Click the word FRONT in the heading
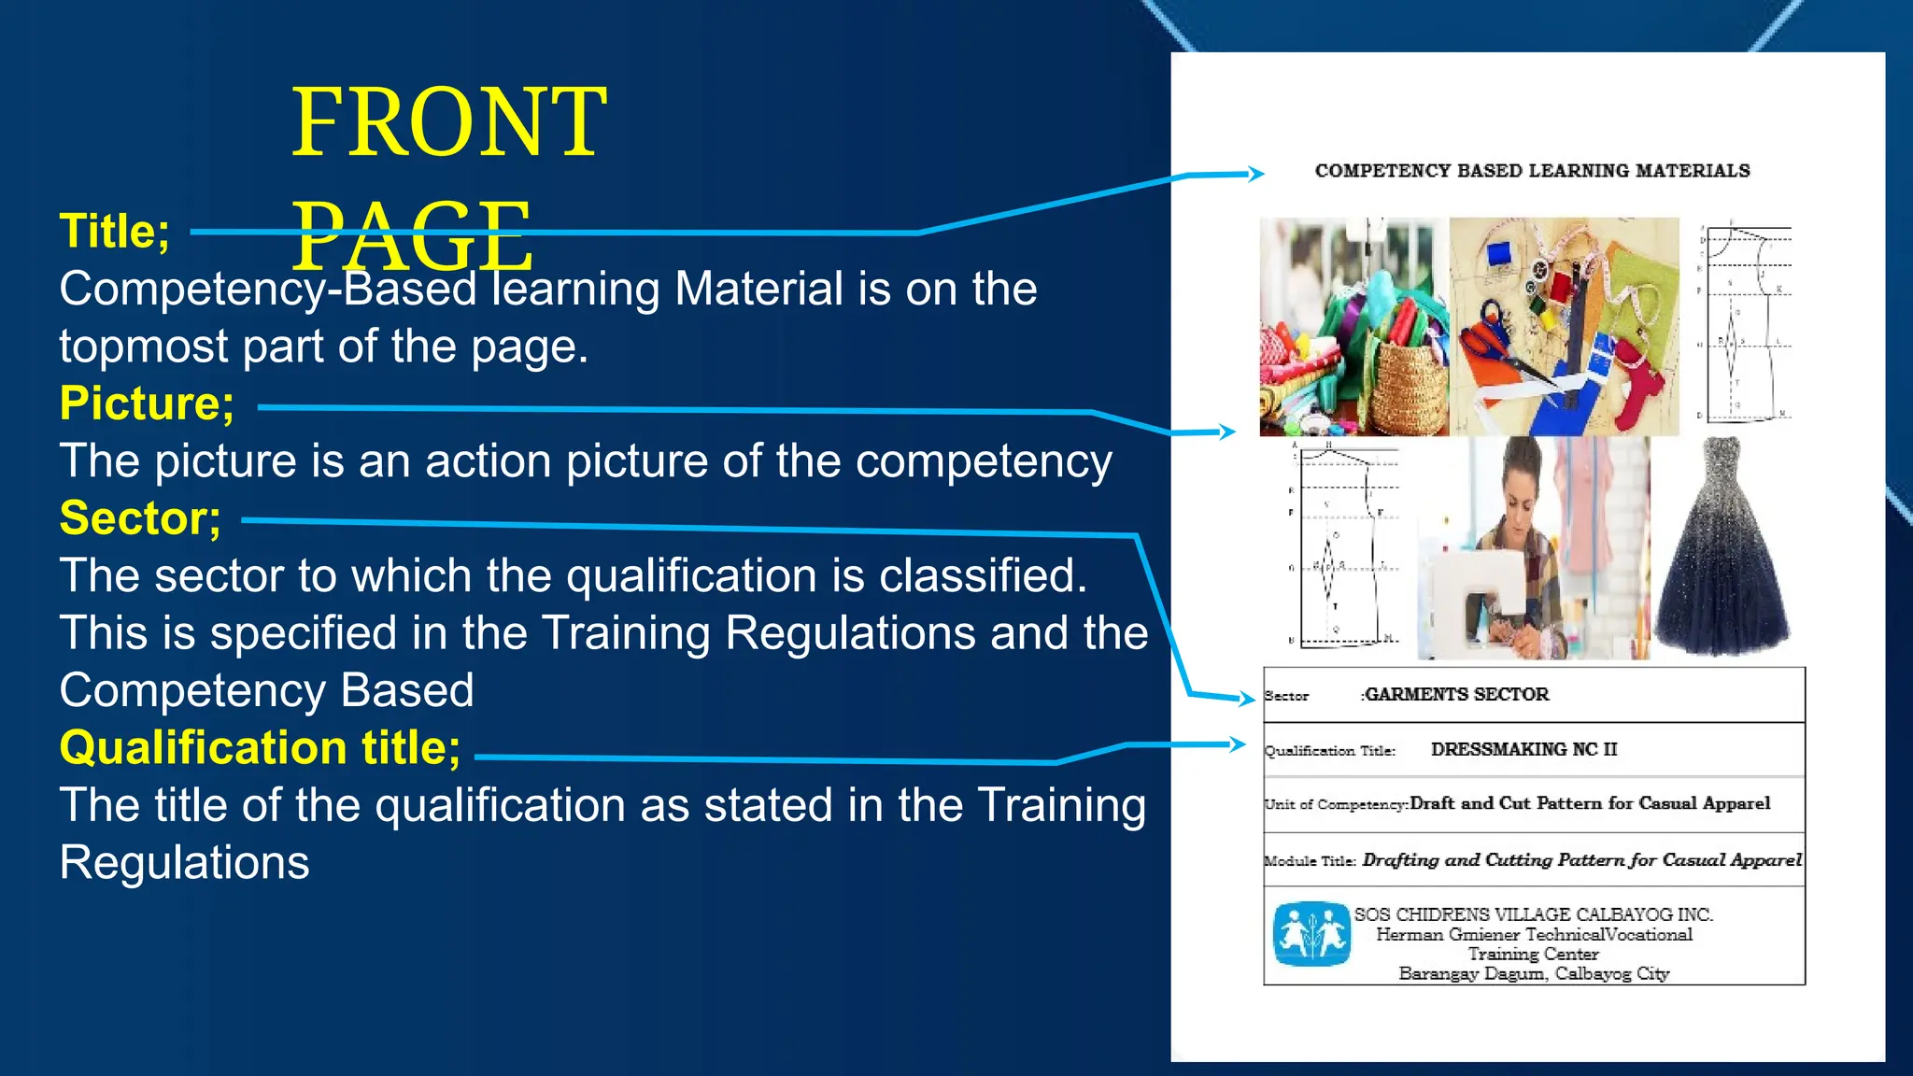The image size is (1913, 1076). point(449,122)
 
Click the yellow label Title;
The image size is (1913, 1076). point(114,231)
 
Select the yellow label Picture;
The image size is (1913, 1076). point(147,403)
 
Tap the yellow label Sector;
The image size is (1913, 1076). point(140,517)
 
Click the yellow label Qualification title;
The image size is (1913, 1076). point(260,747)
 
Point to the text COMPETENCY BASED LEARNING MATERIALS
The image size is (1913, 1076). point(1532,171)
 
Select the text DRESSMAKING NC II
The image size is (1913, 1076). point(1523,749)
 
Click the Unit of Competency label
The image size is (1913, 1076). point(1335,804)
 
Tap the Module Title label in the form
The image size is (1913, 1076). point(1310,860)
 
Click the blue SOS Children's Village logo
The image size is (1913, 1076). point(1311,933)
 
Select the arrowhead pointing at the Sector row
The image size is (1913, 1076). point(1246,698)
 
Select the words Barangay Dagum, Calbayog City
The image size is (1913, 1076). point(1534,973)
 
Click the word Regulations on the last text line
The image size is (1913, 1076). point(184,862)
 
